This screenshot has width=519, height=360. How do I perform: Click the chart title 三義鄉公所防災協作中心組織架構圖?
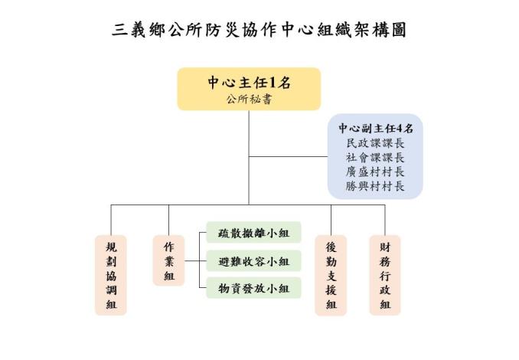tap(259, 30)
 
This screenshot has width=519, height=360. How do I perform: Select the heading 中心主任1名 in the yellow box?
tap(250, 83)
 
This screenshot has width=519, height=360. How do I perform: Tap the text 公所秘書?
tap(250, 99)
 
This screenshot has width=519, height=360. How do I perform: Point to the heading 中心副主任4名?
tap(376, 128)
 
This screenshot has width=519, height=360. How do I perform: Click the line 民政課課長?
tap(375, 143)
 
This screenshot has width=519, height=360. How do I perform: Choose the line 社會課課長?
tap(375, 157)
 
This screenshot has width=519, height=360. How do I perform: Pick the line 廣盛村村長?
tap(375, 172)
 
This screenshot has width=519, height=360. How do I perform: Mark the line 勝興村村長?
tap(375, 186)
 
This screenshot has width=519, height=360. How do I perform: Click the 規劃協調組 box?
tap(111, 275)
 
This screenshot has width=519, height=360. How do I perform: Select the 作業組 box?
tap(169, 260)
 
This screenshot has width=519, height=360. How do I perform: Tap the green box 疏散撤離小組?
tap(254, 233)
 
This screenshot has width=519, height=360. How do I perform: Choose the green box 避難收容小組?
tap(254, 261)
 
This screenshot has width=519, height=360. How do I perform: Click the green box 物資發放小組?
tap(254, 288)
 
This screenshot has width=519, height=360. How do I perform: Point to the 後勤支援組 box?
tap(331, 275)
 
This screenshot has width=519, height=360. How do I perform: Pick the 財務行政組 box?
tap(385, 275)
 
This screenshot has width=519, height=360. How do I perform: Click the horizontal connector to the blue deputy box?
tap(289, 157)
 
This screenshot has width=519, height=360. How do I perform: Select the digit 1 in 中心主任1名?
tap(273, 83)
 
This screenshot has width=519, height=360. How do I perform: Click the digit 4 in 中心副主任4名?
tap(400, 128)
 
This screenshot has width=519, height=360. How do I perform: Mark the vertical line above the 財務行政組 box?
tap(385, 220)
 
